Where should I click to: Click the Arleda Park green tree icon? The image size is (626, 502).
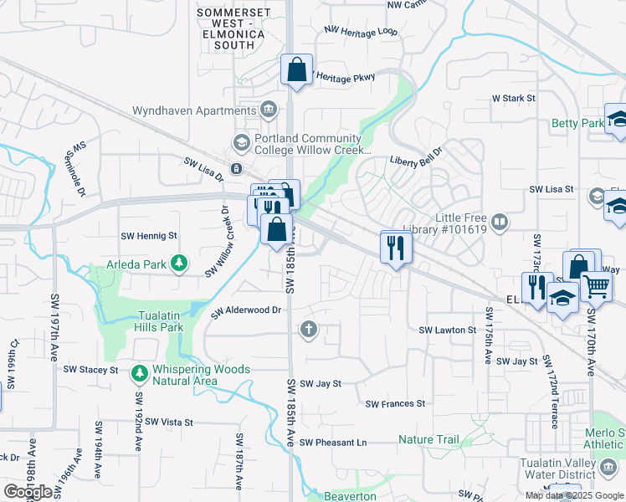(x=178, y=264)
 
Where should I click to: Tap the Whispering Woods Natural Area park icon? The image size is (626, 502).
(x=138, y=370)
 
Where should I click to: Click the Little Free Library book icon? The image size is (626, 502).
(x=499, y=222)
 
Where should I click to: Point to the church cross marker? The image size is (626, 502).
(x=309, y=330)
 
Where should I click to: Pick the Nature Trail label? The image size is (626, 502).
(x=428, y=439)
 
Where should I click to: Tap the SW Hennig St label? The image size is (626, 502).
(x=150, y=237)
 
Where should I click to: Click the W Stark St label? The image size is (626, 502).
(x=513, y=98)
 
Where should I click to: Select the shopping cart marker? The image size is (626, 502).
(x=596, y=287)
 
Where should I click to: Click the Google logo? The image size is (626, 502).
(x=28, y=492)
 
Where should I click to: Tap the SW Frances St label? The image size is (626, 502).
(x=395, y=403)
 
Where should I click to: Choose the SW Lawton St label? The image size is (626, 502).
(x=447, y=330)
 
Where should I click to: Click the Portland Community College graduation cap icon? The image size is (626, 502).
(x=242, y=141)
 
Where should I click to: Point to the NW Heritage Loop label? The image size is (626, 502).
(x=361, y=31)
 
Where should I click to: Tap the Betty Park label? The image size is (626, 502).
(x=577, y=124)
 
